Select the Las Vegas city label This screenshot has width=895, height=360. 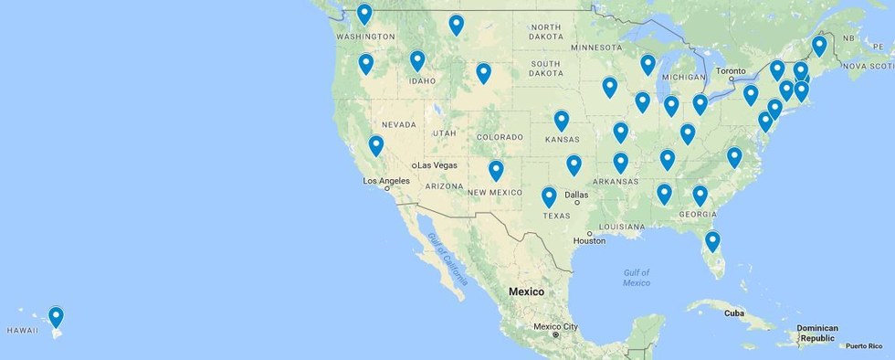[437, 164]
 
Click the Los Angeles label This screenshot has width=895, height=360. [387, 181]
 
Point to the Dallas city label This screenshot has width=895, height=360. [575, 195]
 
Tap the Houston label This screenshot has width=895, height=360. [589, 241]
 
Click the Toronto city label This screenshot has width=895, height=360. [731, 70]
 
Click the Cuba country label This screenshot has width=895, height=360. [734, 312]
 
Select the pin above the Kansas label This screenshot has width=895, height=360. [562, 121]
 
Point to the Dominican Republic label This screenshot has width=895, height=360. [817, 333]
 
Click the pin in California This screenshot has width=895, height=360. [375, 145]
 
